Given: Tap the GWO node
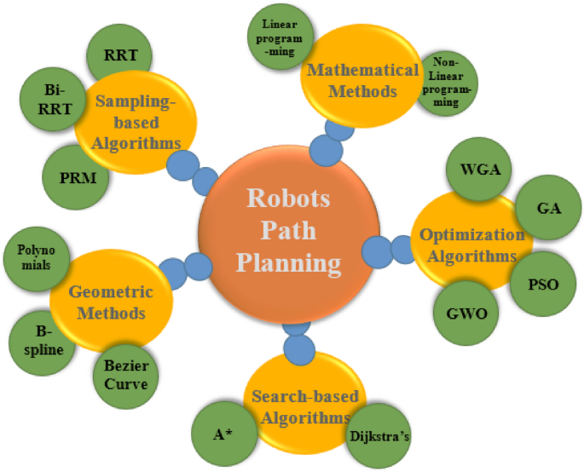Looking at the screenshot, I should coord(467,313).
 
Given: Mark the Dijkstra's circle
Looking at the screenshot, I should coord(383,436).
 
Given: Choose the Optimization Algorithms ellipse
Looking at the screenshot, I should coord(467,245).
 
